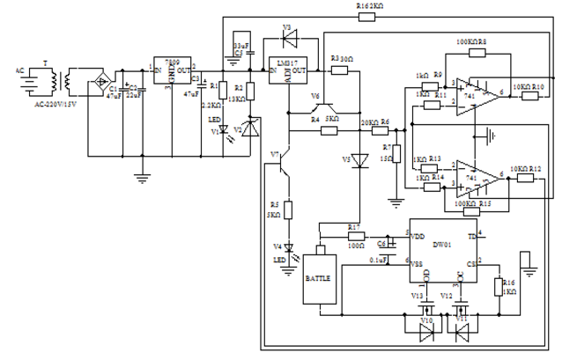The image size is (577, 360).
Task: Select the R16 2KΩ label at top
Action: pyautogui.click(x=370, y=6)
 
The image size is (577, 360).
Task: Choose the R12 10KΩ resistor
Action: pyautogui.click(x=527, y=178)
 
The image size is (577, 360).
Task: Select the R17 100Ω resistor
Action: pyautogui.click(x=355, y=237)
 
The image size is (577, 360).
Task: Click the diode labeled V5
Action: pyautogui.click(x=358, y=164)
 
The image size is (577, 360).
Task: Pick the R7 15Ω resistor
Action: pyautogui.click(x=396, y=158)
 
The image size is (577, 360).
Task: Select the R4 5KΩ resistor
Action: pyautogui.click(x=328, y=129)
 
